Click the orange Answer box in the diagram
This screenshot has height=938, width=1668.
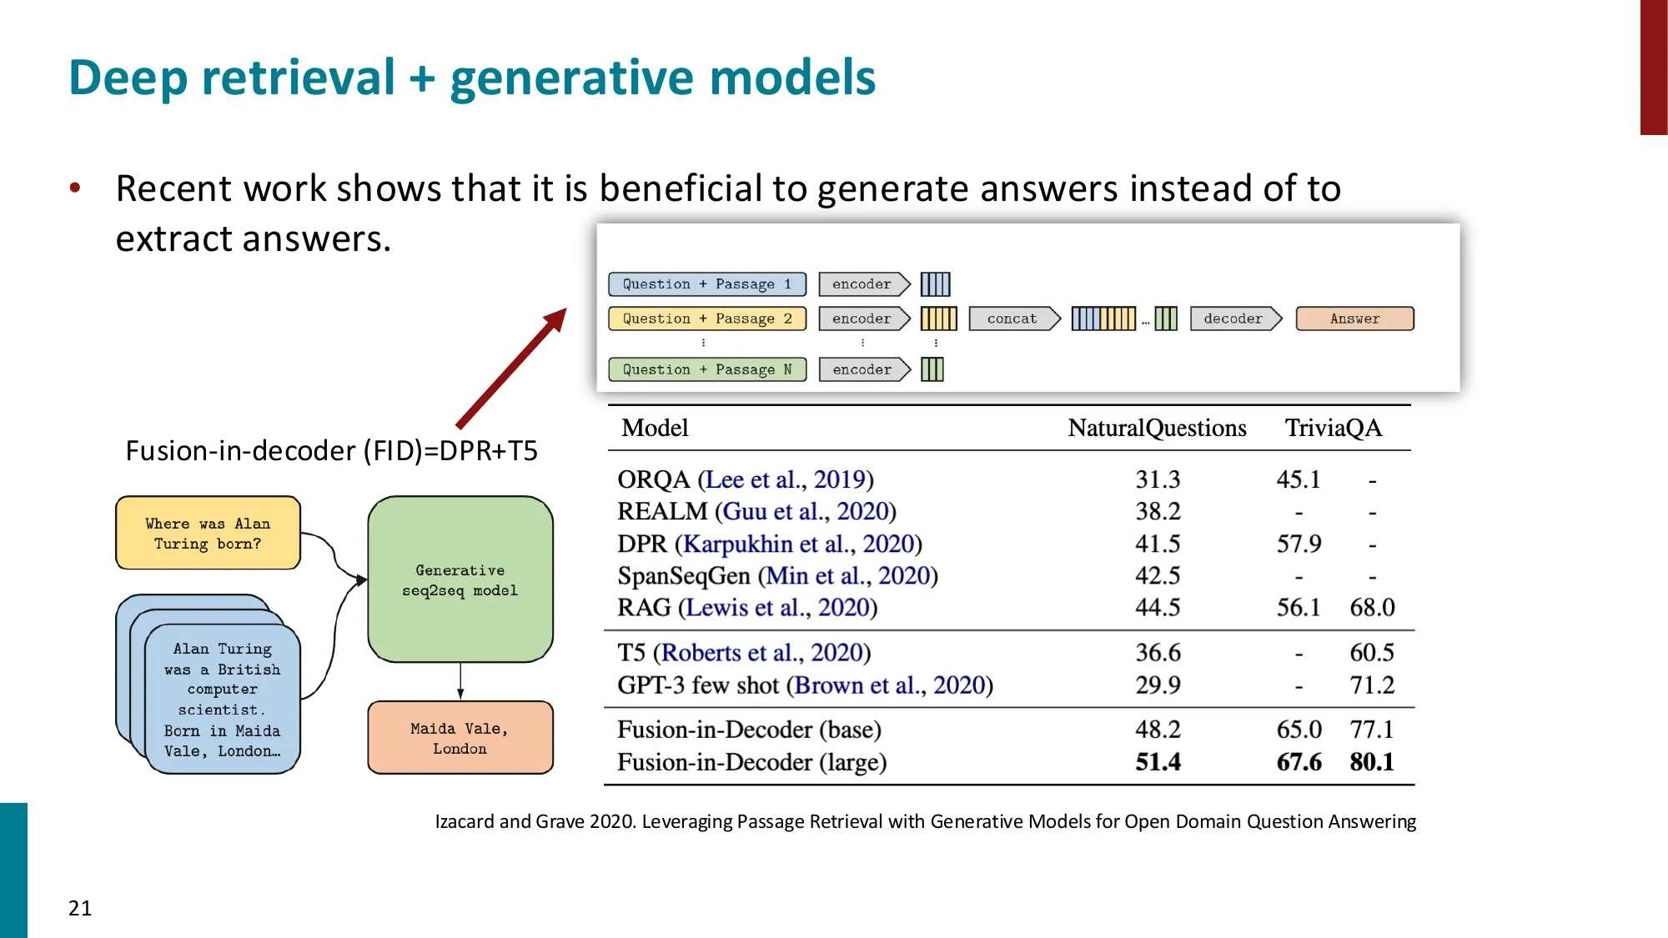click(x=1354, y=319)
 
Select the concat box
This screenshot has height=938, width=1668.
click(x=1012, y=319)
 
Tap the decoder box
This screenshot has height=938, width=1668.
click(x=1233, y=319)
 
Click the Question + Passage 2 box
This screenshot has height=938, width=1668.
click(x=706, y=319)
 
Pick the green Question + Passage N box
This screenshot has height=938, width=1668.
click(x=706, y=369)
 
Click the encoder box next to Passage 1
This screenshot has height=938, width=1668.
click(x=862, y=284)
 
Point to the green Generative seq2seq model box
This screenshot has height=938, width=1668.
click(x=460, y=579)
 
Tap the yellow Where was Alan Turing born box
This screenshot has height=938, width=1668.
click(x=208, y=534)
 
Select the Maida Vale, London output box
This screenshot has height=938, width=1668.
click(x=460, y=738)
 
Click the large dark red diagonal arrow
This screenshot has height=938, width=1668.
click(x=511, y=369)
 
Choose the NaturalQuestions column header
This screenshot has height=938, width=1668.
click(x=1157, y=428)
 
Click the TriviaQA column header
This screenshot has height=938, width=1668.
click(x=1333, y=428)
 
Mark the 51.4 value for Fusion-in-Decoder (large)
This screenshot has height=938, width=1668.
click(x=1158, y=762)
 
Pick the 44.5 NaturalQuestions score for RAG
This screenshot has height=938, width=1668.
click(x=1158, y=608)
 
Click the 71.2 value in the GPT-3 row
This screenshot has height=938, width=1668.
click(x=1372, y=685)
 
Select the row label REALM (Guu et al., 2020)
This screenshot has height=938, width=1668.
click(x=756, y=511)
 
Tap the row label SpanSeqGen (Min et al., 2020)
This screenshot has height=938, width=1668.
click(x=777, y=576)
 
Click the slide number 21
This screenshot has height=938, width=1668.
click(x=80, y=908)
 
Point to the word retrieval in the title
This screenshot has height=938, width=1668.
click(x=298, y=78)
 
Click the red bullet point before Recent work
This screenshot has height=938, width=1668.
click(x=75, y=188)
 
